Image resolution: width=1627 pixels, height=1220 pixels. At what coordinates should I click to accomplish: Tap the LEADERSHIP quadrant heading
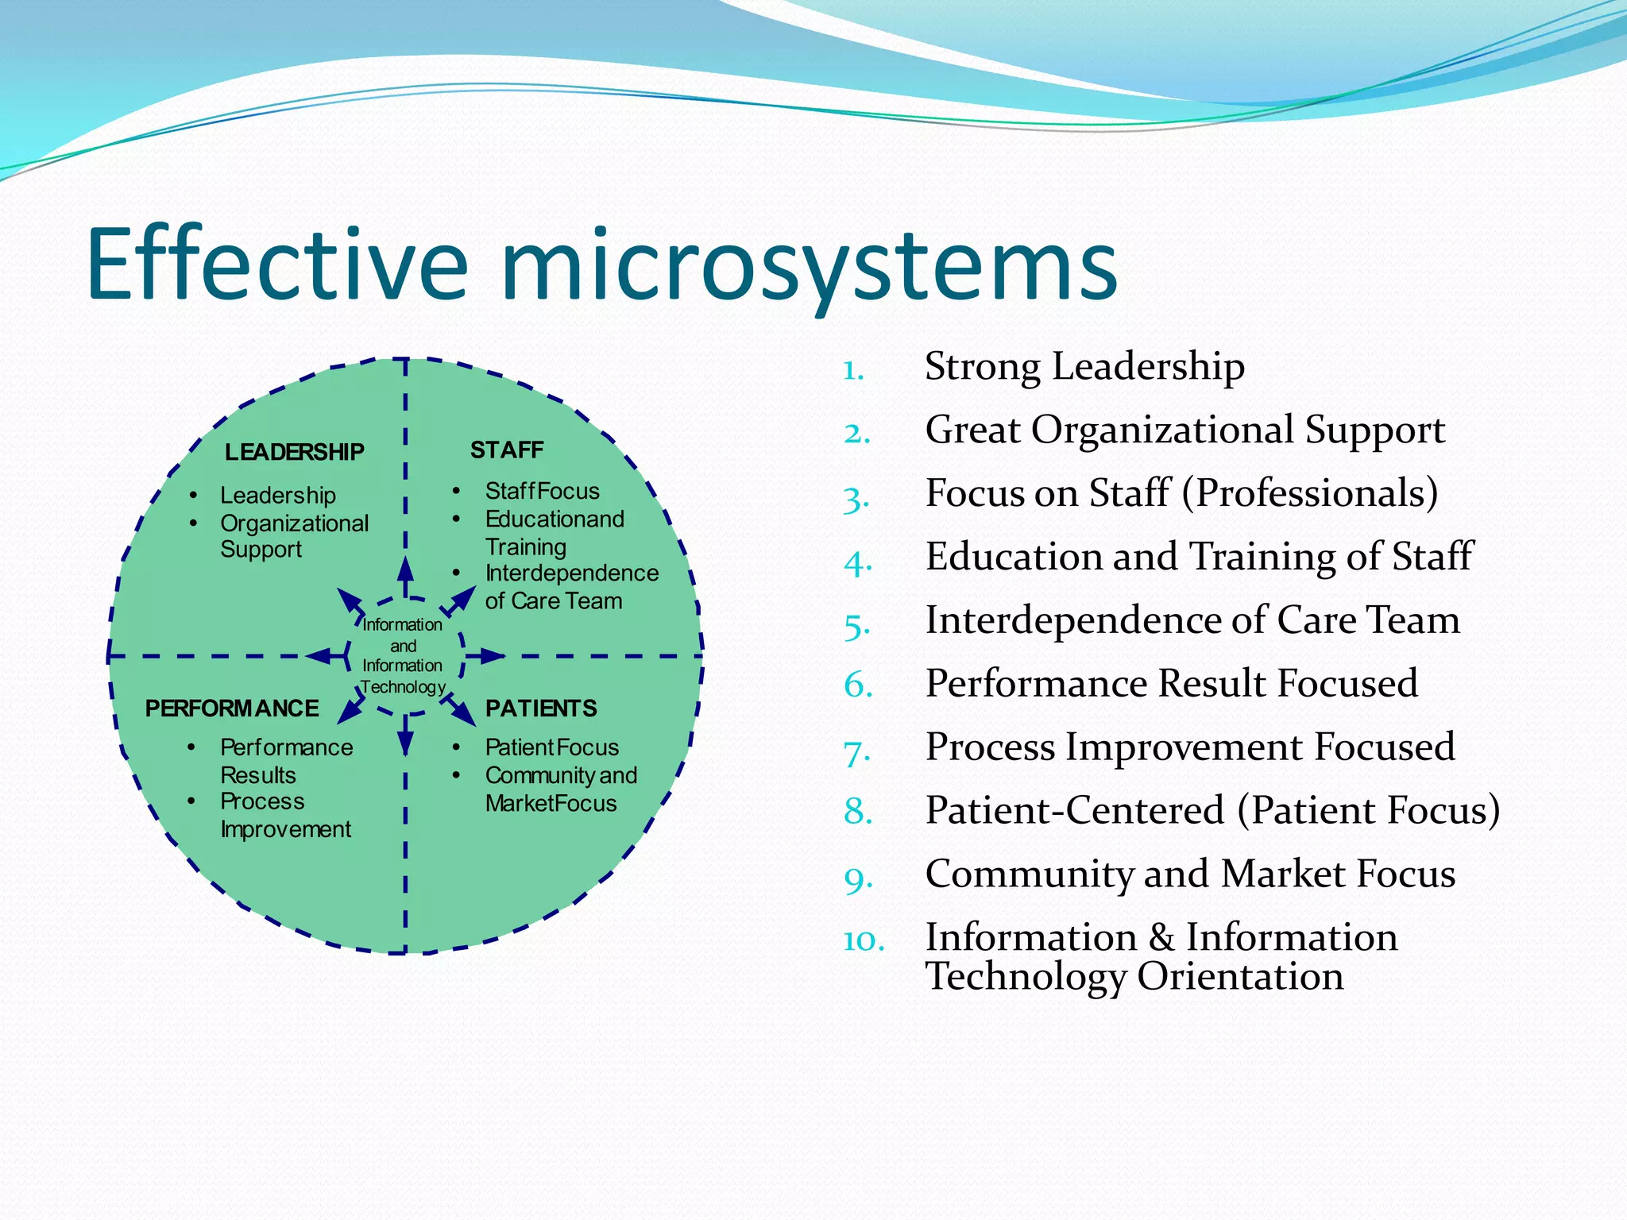click(x=294, y=452)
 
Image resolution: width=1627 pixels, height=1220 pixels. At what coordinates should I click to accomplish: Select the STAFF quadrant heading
click(x=507, y=450)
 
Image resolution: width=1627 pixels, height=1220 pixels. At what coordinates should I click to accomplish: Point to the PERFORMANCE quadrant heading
click(x=232, y=708)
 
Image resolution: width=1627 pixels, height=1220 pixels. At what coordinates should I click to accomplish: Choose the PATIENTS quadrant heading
click(x=541, y=708)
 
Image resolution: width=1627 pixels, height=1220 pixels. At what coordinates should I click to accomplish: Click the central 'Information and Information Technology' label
click(x=403, y=656)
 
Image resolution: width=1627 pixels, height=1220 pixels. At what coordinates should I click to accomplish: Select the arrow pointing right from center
click(x=486, y=656)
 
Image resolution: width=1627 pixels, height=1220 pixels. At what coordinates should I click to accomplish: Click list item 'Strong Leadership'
click(x=1084, y=367)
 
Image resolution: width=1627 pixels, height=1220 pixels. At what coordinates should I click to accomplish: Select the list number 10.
click(x=864, y=940)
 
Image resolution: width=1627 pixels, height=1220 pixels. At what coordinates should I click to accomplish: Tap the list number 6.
click(x=858, y=685)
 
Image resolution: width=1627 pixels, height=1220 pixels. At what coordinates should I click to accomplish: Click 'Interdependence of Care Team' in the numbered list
click(x=1192, y=620)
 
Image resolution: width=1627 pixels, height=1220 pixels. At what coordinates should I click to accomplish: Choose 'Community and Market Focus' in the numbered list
click(x=1190, y=874)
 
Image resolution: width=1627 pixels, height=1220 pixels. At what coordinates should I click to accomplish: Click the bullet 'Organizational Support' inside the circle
click(x=294, y=536)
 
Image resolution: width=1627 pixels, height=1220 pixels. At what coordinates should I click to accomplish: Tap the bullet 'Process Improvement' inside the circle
click(x=284, y=815)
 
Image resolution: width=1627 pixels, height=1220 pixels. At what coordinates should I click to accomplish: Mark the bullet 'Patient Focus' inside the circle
click(x=551, y=747)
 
